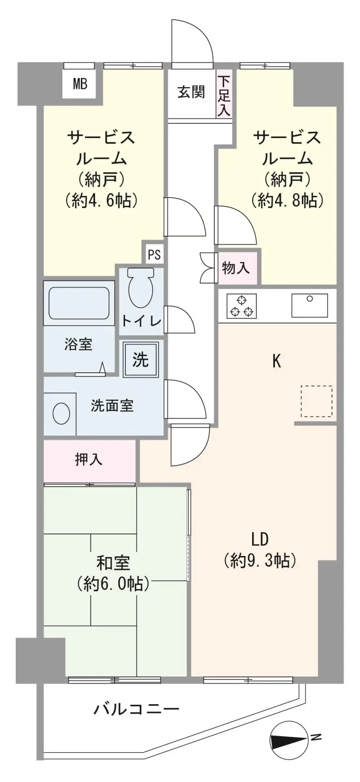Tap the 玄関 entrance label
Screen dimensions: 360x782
[x=191, y=92]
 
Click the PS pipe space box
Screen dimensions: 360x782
[x=154, y=255]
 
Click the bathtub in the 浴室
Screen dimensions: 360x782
[x=79, y=303]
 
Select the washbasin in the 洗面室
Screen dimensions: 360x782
[x=61, y=413]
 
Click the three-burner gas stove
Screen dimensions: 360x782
[x=241, y=305]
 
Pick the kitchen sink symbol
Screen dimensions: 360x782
[x=310, y=305]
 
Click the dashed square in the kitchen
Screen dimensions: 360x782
[x=316, y=401]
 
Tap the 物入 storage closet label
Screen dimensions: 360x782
[x=235, y=268]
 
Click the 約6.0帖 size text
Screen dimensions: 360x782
[x=112, y=584]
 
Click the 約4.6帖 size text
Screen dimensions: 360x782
[x=100, y=200]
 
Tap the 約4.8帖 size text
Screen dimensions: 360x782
[x=288, y=200]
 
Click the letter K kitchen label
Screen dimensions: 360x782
[x=277, y=361]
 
